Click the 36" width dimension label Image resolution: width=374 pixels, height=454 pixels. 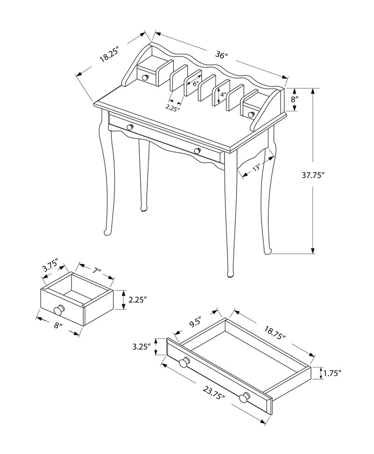click(221, 55)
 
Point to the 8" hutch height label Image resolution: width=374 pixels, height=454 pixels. click(295, 100)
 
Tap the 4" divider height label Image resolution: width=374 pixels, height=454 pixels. click(223, 95)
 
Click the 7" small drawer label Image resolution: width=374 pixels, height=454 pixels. click(97, 271)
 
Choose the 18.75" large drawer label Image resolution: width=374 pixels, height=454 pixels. click(274, 331)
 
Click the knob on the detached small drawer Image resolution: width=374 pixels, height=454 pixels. click(59, 310)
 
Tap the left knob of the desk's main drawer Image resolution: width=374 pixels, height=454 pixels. click(130, 127)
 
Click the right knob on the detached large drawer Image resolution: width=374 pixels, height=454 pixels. click(244, 398)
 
